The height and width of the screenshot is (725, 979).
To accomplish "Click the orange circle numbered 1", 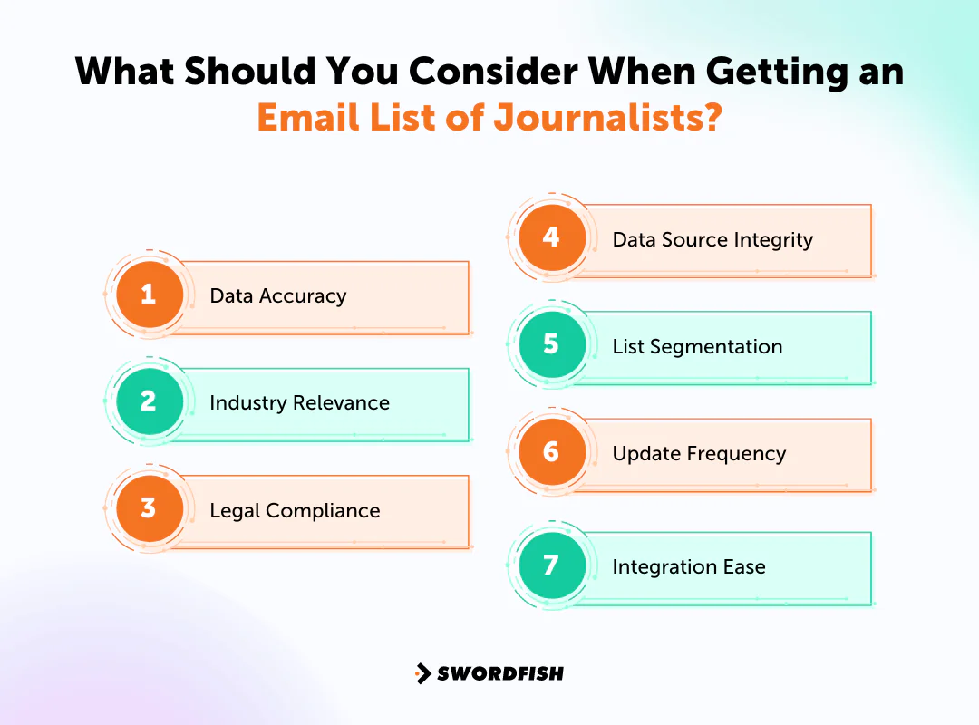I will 150,295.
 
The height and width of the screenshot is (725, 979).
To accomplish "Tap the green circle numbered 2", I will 150,401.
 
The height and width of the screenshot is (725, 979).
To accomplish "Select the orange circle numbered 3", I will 150,508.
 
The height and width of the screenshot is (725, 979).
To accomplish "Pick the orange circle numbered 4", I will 551,237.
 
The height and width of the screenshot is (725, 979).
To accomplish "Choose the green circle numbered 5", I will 551,344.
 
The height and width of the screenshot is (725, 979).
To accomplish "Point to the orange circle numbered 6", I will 551,451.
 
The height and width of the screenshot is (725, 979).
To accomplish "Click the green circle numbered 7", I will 551,565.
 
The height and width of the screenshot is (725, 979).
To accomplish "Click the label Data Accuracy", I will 277,295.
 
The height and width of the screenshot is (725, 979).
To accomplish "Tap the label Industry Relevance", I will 299,402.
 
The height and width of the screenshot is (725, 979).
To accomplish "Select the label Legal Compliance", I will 295,510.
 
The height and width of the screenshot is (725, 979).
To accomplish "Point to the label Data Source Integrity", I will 712,239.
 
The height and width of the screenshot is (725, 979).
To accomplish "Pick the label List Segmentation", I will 697,346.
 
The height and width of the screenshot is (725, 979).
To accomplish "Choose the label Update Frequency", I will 699,453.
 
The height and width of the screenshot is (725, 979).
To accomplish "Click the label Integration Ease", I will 689,567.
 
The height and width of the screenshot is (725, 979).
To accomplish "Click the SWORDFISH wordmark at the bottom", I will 500,673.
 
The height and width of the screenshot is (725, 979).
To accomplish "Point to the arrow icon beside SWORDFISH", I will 422,673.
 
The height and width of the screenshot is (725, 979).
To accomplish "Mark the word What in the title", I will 128,72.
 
